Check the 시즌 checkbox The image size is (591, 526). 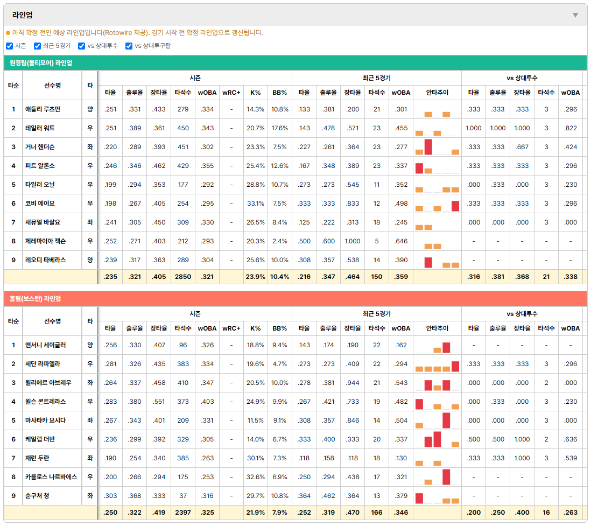tap(10, 46)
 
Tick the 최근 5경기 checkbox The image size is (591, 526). tap(37, 46)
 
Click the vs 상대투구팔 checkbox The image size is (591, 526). tap(129, 46)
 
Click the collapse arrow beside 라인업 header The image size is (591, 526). tap(575, 15)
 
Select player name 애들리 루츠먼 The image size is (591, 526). tap(43, 109)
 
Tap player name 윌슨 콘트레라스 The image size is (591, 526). tap(45, 402)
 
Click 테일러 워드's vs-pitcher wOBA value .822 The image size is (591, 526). tap(570, 128)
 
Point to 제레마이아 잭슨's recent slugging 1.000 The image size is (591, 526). tap(353, 241)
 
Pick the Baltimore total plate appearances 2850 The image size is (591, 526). tap(183, 277)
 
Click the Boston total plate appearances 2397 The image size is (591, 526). tap(183, 513)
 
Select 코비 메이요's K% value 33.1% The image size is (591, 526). tap(256, 204)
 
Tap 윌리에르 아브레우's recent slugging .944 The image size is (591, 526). tap(353, 383)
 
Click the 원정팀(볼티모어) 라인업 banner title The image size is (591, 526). tap(41, 63)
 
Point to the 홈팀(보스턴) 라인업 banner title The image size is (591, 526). tap(35, 299)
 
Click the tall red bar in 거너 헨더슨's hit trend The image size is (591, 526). tap(428, 147)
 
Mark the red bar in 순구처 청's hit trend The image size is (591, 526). tap(419, 499)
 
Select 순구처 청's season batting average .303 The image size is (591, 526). tap(110, 496)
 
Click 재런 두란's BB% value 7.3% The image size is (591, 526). tap(280, 458)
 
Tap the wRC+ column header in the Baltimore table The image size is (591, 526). tap(231, 93)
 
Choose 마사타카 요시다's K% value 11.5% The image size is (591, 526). tap(256, 420)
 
